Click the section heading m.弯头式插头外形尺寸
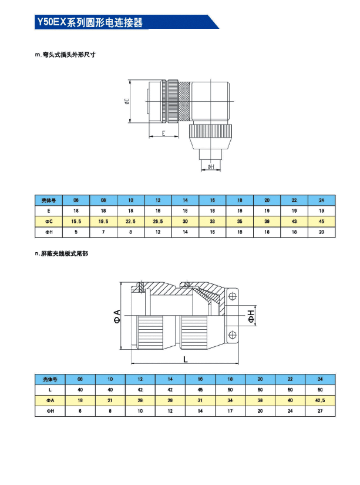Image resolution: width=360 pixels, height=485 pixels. click(x=66, y=55)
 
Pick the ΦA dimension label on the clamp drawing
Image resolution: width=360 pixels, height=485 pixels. click(x=117, y=316)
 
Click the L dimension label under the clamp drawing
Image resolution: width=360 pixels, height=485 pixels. click(x=186, y=359)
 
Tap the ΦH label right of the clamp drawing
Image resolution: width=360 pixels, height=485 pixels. click(x=251, y=316)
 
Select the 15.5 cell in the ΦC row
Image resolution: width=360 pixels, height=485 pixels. click(x=76, y=221)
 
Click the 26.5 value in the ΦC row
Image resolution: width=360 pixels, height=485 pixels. click(x=158, y=221)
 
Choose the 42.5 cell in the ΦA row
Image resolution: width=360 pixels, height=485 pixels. click(x=320, y=400)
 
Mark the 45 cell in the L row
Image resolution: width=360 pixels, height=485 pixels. click(x=200, y=389)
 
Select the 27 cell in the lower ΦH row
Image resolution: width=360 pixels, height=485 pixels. click(x=320, y=411)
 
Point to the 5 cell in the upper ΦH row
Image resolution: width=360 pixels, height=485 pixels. click(x=76, y=232)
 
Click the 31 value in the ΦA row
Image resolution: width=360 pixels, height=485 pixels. click(x=200, y=400)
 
